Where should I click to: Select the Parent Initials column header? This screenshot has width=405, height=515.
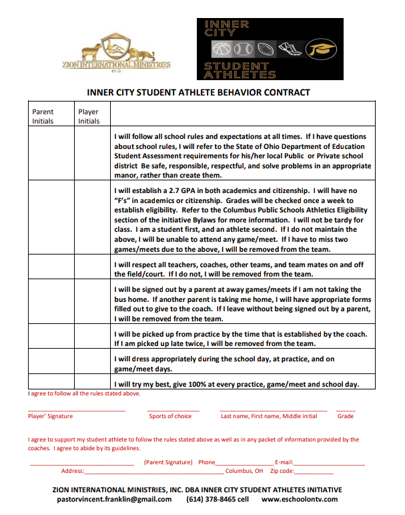click(43, 116)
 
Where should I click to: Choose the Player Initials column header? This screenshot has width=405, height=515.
click(89, 116)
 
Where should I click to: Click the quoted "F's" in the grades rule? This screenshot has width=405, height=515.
click(123, 200)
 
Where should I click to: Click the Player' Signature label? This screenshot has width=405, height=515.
click(50, 416)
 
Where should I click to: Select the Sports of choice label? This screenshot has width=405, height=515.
click(170, 416)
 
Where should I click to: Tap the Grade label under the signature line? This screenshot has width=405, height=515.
click(346, 416)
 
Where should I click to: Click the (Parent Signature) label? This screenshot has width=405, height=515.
click(168, 462)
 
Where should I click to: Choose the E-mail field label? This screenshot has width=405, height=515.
click(284, 462)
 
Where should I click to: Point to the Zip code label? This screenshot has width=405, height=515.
click(284, 471)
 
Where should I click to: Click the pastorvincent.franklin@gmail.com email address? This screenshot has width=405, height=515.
click(114, 499)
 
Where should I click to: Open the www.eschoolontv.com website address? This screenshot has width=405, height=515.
click(300, 499)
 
